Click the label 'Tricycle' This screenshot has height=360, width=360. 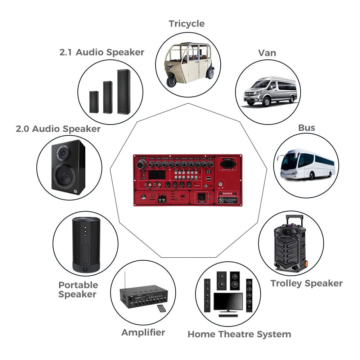(186, 24)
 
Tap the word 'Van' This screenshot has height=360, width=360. (267, 53)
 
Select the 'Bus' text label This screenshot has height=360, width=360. (306, 128)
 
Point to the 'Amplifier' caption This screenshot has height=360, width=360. (143, 332)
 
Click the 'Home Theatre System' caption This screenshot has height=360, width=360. (239, 334)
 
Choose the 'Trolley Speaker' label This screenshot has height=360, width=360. (306, 283)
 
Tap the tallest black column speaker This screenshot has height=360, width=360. (123, 92)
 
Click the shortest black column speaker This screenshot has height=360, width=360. (94, 102)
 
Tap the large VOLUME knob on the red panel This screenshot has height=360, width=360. (140, 164)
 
